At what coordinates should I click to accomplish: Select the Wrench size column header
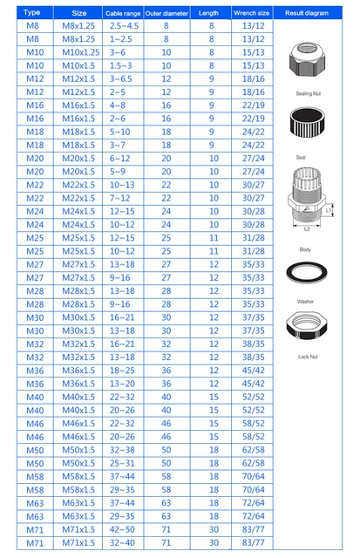[x=250, y=13]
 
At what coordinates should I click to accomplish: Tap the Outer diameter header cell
[x=166, y=13]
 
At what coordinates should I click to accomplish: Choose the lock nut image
[x=306, y=330]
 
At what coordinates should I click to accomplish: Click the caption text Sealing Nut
[x=306, y=92]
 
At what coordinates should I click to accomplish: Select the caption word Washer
[x=306, y=301]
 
